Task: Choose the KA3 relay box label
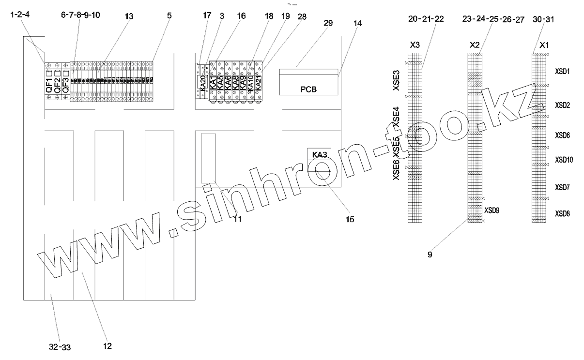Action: coord(319,155)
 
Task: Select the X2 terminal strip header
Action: coord(475,45)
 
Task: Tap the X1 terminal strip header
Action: coord(544,45)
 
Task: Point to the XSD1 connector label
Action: coord(563,71)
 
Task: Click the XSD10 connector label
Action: coord(564,159)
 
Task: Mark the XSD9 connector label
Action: coord(492,210)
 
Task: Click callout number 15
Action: coord(349,220)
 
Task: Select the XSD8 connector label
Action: coord(563,213)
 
